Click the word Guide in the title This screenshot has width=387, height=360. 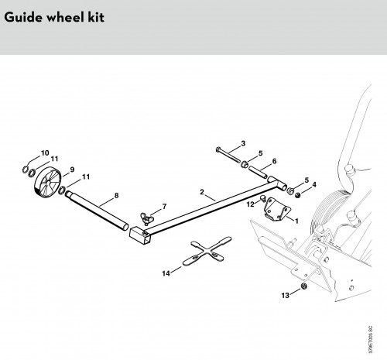click(x=23, y=18)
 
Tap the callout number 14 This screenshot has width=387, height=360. click(x=166, y=273)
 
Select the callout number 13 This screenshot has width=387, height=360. click(x=285, y=295)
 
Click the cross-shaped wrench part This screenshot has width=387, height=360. click(x=207, y=251)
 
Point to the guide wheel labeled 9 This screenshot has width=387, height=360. click(x=47, y=183)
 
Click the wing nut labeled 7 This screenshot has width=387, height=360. click(x=147, y=218)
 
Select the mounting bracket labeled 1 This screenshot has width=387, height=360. click(x=276, y=209)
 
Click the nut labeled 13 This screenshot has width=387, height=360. click(x=303, y=286)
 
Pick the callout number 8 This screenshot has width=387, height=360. click(x=116, y=196)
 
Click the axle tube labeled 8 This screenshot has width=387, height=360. click(x=97, y=210)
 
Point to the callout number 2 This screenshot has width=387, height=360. click(x=202, y=192)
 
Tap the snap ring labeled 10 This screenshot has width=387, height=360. click(x=26, y=170)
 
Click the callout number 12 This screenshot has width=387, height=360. click(x=250, y=204)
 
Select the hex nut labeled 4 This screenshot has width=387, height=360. click(x=298, y=195)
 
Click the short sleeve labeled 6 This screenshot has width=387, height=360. click(x=258, y=172)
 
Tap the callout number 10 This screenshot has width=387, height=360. click(x=45, y=153)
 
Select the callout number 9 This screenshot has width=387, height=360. click(x=72, y=170)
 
